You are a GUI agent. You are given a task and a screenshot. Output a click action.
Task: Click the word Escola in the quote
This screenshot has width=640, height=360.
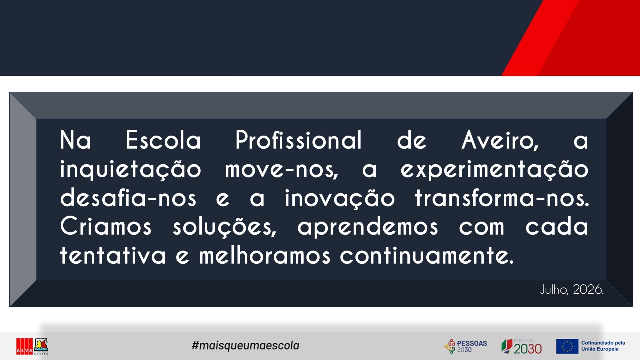point(163,140)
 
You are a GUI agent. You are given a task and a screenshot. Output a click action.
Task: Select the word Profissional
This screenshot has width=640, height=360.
point(299,140)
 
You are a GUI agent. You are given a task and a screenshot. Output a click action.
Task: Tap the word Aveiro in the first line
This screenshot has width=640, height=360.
point(500,140)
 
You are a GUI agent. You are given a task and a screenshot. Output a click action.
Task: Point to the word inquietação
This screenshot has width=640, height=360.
point(131,170)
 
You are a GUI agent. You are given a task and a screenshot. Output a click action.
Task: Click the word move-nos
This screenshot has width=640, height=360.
point(281,170)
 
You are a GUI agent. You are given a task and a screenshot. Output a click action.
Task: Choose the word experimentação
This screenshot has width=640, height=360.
point(494,170)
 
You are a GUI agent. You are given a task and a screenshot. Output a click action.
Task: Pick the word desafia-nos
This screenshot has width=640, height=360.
point(128,197)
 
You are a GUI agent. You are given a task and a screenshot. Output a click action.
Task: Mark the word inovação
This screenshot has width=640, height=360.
point(340,198)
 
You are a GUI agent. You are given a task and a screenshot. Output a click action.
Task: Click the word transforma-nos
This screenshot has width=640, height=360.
point(502,197)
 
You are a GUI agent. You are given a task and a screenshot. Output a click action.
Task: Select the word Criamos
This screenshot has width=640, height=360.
point(105,226)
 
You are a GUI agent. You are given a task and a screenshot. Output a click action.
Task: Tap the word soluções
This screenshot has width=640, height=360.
point(225,227)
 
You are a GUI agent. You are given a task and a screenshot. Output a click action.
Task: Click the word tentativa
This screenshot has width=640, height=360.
point(113,255)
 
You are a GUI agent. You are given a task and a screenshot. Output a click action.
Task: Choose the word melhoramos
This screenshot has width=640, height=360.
point(265,255)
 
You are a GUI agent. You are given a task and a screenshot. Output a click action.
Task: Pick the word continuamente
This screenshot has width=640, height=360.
point(427,255)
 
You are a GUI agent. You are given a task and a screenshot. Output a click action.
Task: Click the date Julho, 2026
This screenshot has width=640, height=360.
point(572,290)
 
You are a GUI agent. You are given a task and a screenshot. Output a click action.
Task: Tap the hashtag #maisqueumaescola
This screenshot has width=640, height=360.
point(245,345)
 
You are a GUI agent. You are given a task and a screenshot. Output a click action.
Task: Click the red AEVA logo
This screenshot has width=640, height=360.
point(24,346)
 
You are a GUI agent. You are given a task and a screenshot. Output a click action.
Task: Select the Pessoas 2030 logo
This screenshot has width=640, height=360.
point(465,346)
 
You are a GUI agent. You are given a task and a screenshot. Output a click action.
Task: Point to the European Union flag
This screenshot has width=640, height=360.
point(567,346)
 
